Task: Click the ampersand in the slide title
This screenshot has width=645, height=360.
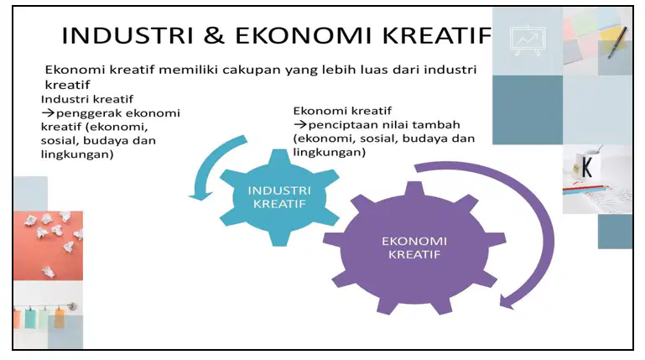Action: pyautogui.click(x=214, y=35)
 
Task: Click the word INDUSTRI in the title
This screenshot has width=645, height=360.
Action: pyautogui.click(x=127, y=35)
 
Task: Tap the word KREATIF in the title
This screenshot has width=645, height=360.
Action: pyautogui.click(x=436, y=35)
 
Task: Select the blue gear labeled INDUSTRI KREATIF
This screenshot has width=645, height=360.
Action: pyautogui.click(x=279, y=197)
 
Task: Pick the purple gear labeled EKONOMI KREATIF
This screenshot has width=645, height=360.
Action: pyautogui.click(x=414, y=248)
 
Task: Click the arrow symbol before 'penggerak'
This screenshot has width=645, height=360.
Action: pyautogui.click(x=48, y=112)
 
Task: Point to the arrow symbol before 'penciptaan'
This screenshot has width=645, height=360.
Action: pyautogui.click(x=300, y=124)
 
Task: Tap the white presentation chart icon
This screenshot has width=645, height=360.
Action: pyautogui.click(x=528, y=40)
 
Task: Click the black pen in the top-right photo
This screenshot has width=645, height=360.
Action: pyautogui.click(x=617, y=43)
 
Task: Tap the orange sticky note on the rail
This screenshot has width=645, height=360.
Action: pyautogui.click(x=60, y=318)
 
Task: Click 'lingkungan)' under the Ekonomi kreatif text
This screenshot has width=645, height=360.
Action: pyautogui.click(x=329, y=152)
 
